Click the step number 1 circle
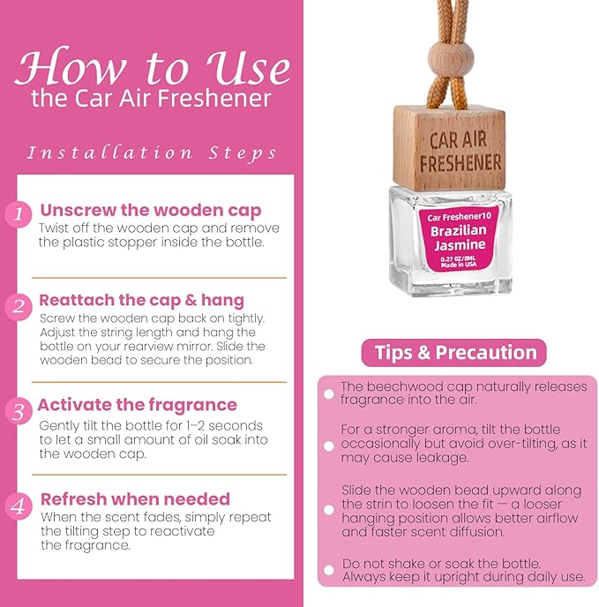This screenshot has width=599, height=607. pos(19,214)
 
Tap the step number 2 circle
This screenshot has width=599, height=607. pos(19,307)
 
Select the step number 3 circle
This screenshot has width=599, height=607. pos(19,411)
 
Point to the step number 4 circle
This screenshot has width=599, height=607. pos(19,506)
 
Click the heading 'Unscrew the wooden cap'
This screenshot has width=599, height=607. pos(151,211)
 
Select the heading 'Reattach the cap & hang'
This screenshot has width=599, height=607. pos(142,300)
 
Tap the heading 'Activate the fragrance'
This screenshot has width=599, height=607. pos(138,405)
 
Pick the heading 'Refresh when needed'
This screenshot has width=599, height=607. pos(136,499)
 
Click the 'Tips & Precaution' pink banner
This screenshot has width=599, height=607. pos(453,353)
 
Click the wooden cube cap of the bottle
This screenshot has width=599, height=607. pos(449,148)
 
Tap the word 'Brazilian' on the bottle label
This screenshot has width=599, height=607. pos(459,231)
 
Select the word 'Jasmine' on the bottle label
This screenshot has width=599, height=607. pos(460,245)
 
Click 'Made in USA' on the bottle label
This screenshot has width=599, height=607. pos(459,265)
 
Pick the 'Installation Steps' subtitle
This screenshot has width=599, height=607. pos(152,153)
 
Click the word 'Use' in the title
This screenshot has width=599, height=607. pos(249,67)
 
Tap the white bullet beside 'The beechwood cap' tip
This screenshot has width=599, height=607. pos(329,394)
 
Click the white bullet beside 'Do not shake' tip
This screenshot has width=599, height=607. pos(329,570)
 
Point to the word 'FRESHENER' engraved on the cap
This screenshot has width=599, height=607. pos(460,162)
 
